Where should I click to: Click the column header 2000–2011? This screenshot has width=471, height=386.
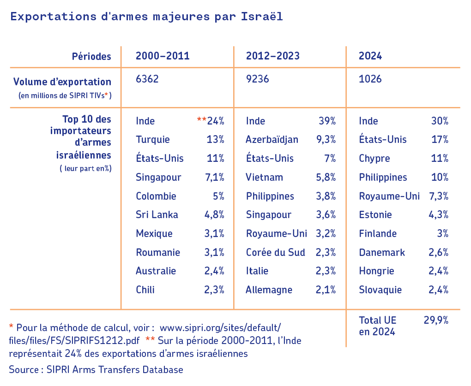[x=163, y=56]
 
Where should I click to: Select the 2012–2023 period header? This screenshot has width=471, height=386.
[x=273, y=56]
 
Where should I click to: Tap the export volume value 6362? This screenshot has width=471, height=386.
[x=147, y=79]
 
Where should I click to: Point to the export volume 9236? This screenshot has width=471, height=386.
[x=258, y=79]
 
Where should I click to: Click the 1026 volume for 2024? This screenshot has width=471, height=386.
[x=370, y=79]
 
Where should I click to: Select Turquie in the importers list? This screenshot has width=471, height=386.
[x=153, y=140]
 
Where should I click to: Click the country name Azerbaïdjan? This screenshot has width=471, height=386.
[x=272, y=140]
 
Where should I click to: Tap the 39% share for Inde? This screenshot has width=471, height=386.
[x=327, y=121]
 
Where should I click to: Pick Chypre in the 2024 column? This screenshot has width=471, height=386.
[x=374, y=159]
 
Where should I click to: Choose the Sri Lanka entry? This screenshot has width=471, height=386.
[x=157, y=215]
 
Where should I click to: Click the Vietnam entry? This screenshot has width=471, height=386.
[x=265, y=178]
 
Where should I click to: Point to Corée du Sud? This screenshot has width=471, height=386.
[x=276, y=253]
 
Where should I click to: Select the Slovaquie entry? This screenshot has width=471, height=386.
[x=380, y=290]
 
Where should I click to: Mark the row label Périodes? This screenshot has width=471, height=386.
[x=91, y=57]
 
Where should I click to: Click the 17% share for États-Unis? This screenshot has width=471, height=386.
[x=439, y=140]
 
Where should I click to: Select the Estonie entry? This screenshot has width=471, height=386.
[x=375, y=215]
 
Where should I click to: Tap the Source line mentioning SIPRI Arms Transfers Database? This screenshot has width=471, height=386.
[x=96, y=369]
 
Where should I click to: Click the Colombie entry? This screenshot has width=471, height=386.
[x=156, y=196]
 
